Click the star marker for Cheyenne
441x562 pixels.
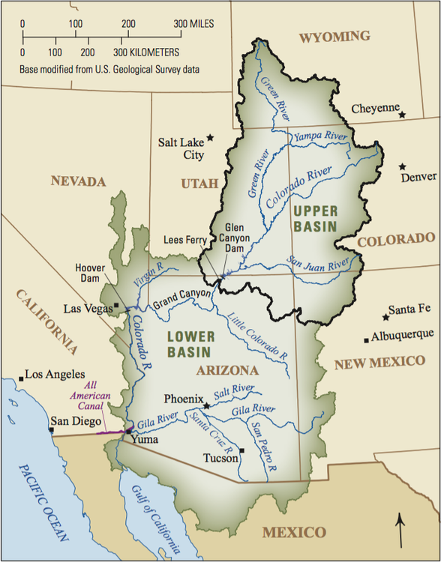point(403,115)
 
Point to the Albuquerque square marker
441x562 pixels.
point(366,339)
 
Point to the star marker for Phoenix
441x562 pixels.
point(207,405)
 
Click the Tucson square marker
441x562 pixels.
point(243,450)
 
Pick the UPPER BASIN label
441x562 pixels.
point(315,217)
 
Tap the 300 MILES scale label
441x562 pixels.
point(199,24)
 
